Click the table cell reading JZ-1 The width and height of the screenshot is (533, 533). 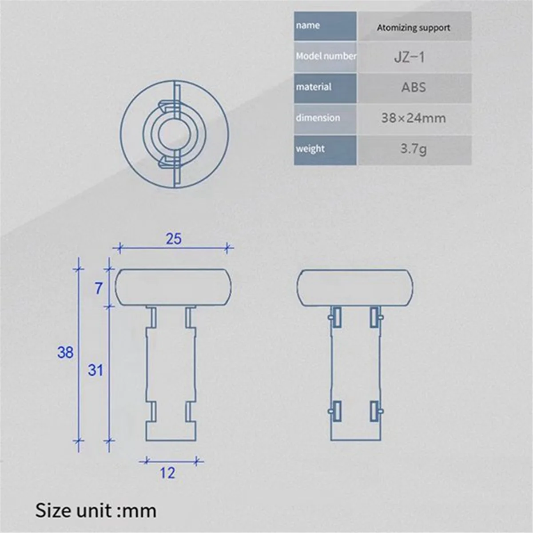[x=409, y=57]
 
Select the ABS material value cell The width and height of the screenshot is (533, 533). [x=414, y=87]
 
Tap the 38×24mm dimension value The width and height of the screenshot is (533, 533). [x=414, y=118]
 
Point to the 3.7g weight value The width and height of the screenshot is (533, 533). [x=414, y=149]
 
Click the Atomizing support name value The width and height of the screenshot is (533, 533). [x=414, y=28]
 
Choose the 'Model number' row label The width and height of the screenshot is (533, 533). [x=326, y=56]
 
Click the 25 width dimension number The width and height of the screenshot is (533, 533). [x=174, y=239]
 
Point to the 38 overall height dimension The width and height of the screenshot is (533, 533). [x=65, y=353]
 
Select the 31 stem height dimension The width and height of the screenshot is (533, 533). [x=95, y=370]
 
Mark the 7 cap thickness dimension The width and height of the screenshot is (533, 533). [x=99, y=289]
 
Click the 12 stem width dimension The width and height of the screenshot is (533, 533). [x=167, y=473]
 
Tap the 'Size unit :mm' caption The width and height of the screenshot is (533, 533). [x=96, y=510]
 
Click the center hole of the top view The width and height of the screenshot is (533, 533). [x=174, y=133]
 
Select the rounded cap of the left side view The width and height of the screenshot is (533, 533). [x=174, y=287]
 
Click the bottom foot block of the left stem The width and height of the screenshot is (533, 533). [x=171, y=431]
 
